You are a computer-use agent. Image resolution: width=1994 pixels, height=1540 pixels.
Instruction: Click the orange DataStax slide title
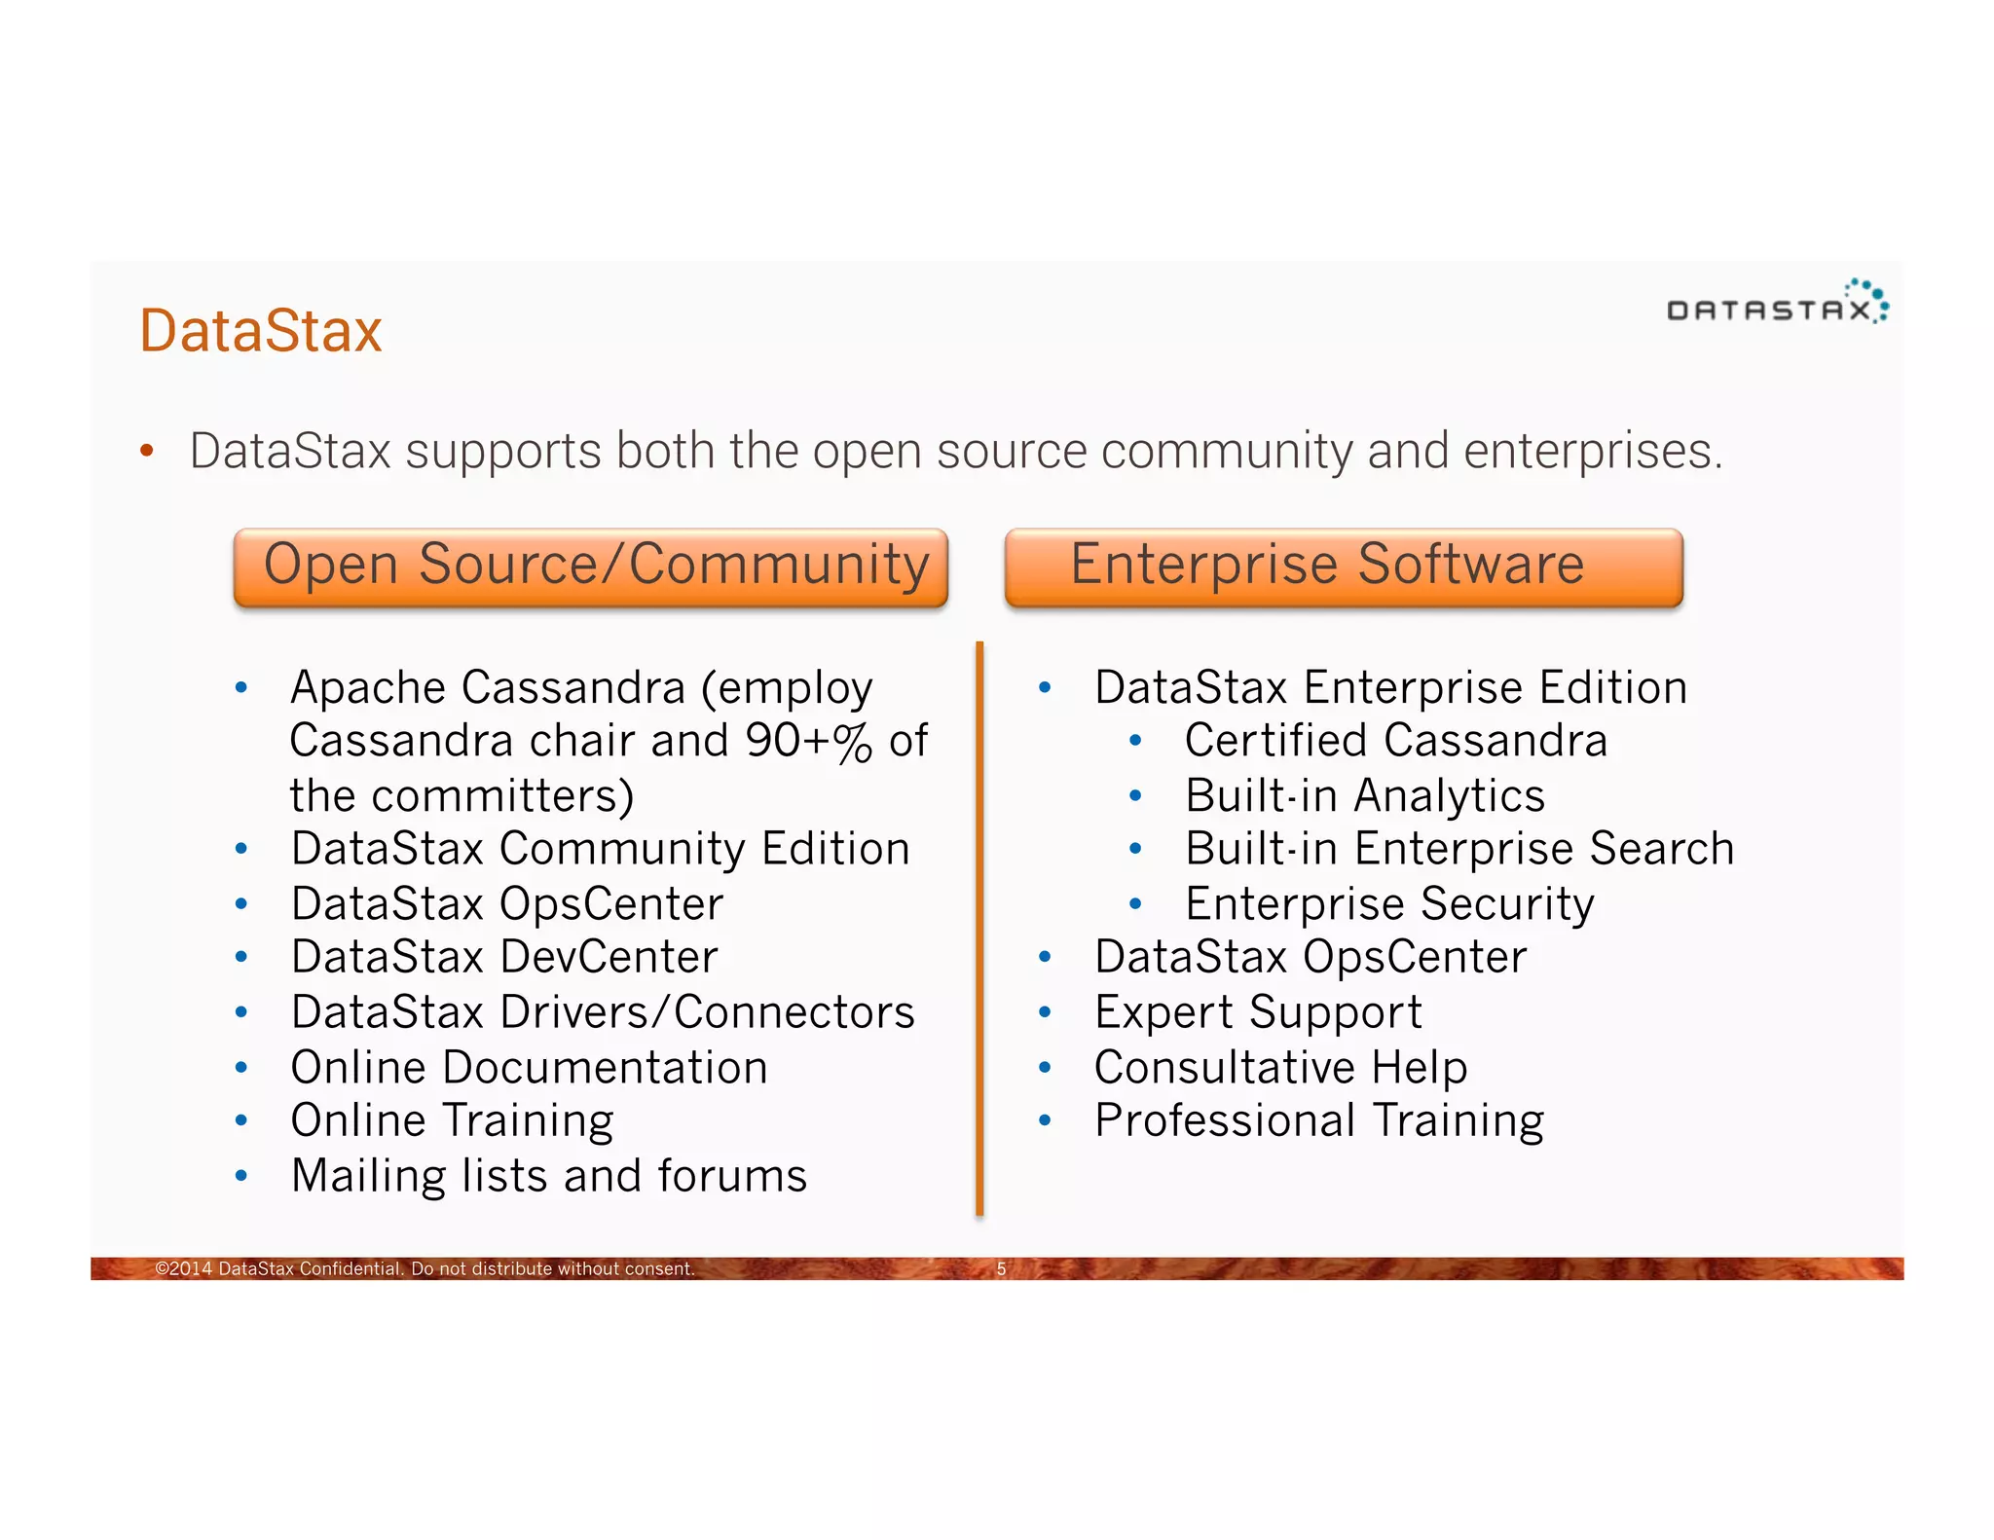[260, 330]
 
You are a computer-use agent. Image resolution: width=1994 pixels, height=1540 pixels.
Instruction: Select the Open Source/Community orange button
[591, 568]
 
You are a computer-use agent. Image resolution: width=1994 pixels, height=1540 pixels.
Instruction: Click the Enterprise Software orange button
[1344, 568]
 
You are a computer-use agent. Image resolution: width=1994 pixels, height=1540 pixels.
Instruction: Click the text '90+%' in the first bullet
[808, 742]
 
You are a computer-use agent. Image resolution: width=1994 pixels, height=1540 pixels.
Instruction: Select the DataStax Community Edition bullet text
[601, 849]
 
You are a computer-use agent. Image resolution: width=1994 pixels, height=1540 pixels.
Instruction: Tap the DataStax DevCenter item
[504, 957]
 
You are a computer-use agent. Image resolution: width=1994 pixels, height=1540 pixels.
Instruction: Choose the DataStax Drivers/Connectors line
[603, 1012]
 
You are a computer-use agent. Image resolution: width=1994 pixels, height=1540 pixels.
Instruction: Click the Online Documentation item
[529, 1068]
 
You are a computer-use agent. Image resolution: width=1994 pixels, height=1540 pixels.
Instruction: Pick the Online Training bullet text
[452, 1121]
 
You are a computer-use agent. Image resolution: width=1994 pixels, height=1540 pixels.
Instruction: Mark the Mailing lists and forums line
[549, 1176]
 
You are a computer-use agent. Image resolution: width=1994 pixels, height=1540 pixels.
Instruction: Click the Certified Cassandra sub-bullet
[1395, 741]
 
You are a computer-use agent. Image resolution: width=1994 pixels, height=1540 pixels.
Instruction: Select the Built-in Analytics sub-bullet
[1364, 796]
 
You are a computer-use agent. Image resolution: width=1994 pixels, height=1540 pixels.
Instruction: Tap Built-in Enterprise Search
[1459, 849]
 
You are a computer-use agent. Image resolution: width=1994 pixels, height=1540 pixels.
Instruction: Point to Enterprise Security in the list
[1389, 904]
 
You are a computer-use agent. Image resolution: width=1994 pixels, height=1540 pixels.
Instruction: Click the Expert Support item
[1258, 1012]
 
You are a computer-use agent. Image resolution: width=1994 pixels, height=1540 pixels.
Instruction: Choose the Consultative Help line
[1280, 1068]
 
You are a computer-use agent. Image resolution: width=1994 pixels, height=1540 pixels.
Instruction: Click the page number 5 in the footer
[1001, 1268]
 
